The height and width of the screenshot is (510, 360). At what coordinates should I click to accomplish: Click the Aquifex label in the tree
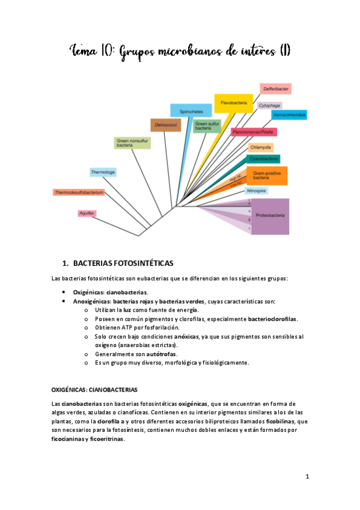tap(87, 213)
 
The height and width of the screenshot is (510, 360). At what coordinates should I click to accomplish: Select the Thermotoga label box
tap(103, 172)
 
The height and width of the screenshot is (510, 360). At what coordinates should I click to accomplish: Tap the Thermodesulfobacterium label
tap(79, 192)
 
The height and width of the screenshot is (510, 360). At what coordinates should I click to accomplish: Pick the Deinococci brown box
tap(165, 125)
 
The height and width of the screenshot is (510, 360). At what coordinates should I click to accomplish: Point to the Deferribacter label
tap(276, 89)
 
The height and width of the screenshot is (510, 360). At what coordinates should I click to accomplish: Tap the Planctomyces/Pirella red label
tap(253, 132)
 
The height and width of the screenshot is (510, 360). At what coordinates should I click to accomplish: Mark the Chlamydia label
tap(261, 147)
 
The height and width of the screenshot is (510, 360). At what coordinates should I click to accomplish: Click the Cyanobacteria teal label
tap(263, 159)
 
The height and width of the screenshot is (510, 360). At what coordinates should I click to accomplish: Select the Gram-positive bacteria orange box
tap(267, 176)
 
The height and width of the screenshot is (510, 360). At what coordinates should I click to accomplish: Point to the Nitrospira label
tap(257, 191)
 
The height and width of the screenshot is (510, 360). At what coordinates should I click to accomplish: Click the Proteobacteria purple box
tap(270, 215)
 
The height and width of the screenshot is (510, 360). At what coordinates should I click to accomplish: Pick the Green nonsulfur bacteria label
tap(132, 143)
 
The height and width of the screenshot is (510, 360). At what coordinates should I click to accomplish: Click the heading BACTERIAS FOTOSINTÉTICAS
tap(123, 263)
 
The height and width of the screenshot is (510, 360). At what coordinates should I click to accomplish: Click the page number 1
tap(307, 477)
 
